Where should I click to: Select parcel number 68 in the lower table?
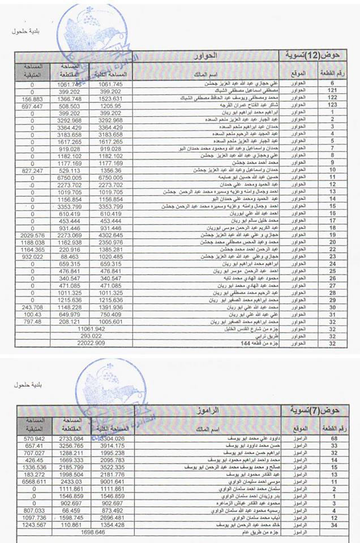[x=335, y=437]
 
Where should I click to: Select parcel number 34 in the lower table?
[x=335, y=525]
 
